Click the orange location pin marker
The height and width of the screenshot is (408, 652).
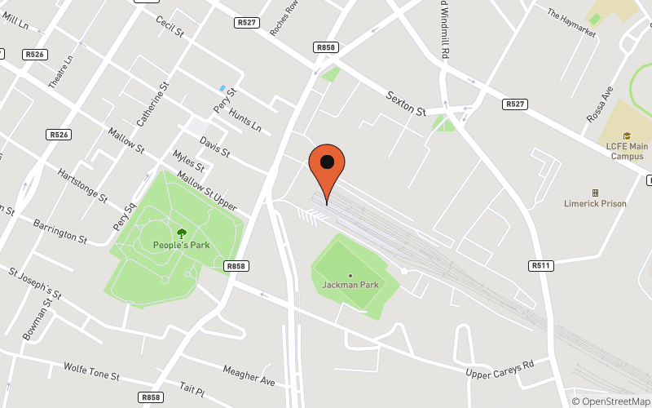[327, 167]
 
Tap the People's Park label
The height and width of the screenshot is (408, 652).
[182, 245]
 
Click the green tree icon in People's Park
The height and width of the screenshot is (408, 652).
[182, 233]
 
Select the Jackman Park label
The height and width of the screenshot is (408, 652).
[350, 285]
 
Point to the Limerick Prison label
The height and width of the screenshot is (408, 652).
[595, 203]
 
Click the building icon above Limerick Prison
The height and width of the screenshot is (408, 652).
[595, 193]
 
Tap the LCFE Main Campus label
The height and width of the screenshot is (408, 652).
[627, 151]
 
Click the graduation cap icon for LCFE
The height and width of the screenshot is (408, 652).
[627, 136]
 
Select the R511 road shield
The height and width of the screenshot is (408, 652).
[541, 265]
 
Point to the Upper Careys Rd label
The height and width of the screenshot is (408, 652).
[500, 369]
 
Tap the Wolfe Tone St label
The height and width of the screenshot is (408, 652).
[91, 372]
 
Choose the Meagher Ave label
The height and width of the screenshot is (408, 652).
[249, 375]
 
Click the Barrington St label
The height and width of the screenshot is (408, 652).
[59, 231]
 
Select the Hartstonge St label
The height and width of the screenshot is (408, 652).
[82, 185]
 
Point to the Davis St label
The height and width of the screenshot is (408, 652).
[215, 147]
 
